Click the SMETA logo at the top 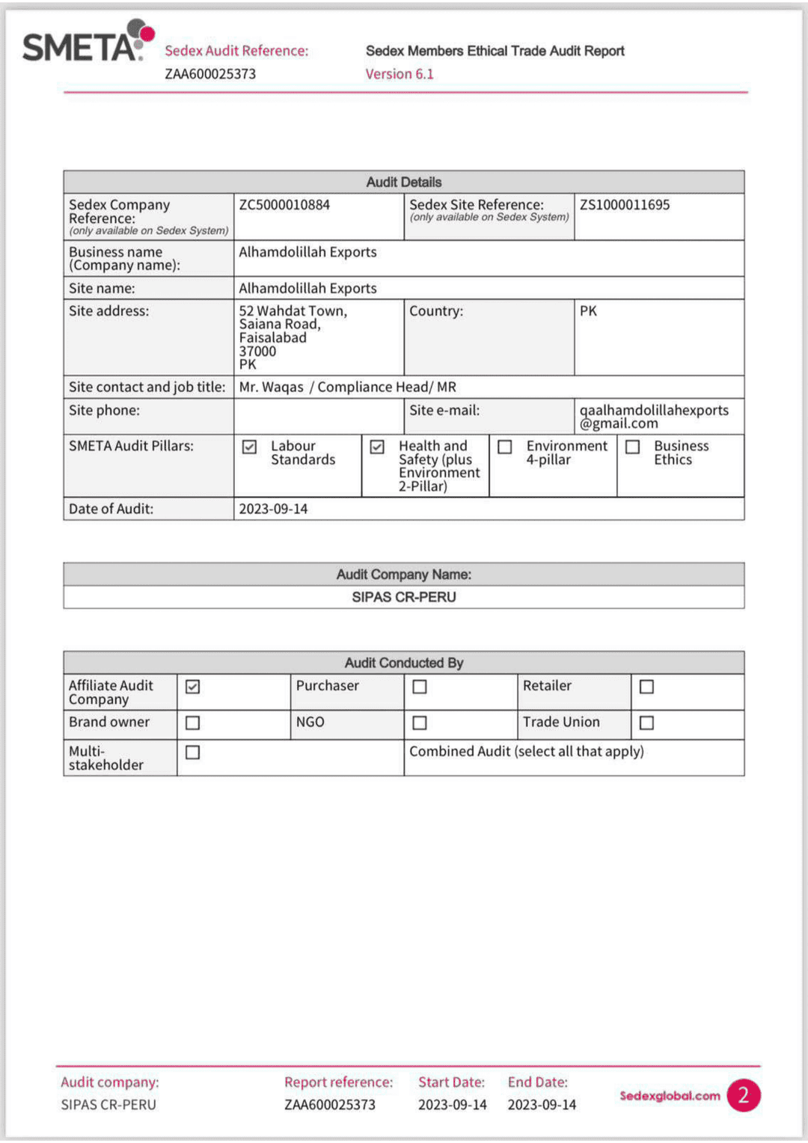point(87,43)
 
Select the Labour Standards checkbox point(250,447)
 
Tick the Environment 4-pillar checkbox point(505,447)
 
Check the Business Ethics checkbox point(633,447)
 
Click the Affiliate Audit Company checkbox point(193,687)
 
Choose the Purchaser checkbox point(420,687)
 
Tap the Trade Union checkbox point(647,723)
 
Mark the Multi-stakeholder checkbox point(193,753)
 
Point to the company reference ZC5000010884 point(284,205)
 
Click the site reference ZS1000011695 point(625,205)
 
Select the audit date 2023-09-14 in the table point(273,509)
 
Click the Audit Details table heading point(404,182)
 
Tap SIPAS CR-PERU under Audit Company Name point(404,597)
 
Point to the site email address point(653,417)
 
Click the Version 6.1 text point(400,74)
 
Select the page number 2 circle point(744,1096)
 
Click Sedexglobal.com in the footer point(670,1096)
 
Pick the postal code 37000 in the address point(257,351)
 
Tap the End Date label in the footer point(537,1082)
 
